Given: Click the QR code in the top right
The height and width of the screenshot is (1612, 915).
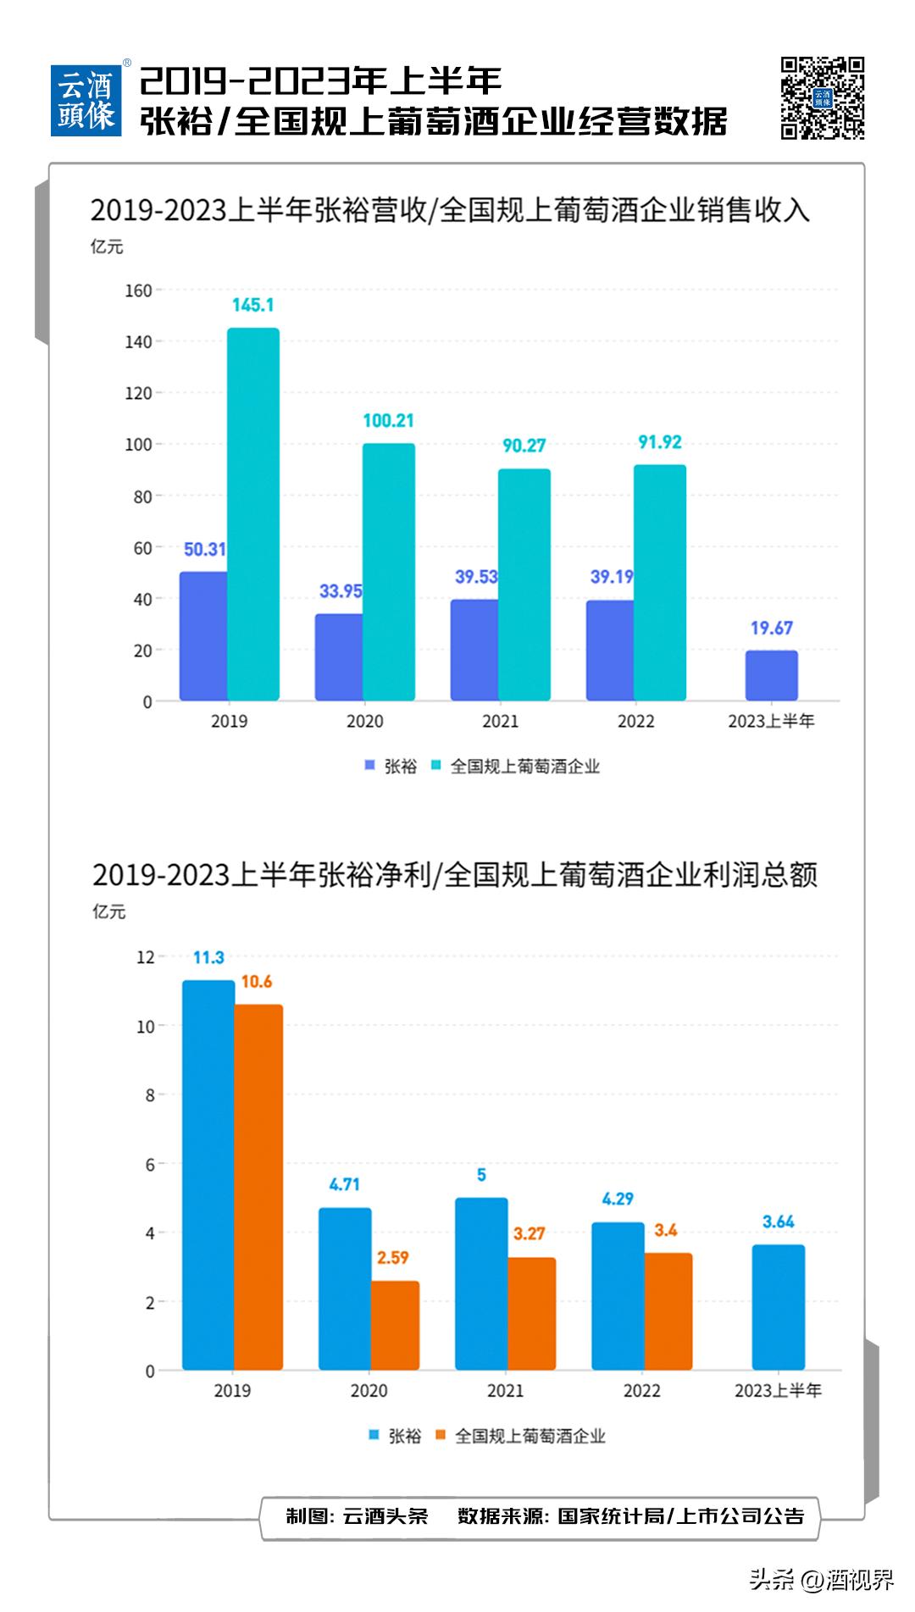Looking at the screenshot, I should point(822,97).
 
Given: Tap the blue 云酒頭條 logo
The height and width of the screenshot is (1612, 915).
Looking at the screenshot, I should point(86,100).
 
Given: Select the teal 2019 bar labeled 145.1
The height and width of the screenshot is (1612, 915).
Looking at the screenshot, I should point(252,514).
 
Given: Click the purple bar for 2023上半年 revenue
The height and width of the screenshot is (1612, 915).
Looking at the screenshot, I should point(771,675).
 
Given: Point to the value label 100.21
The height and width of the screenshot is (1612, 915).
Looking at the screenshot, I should point(388,421).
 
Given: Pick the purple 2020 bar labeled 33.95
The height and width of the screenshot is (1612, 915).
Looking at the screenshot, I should point(339,656).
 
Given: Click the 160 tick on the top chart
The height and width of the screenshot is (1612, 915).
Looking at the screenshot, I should point(138,291).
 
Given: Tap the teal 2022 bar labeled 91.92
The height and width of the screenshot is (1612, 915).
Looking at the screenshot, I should point(660,583).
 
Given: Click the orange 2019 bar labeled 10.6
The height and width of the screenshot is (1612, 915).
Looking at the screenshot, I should point(258,1187).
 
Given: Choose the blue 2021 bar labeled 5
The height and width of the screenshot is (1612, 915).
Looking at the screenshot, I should point(481,1283).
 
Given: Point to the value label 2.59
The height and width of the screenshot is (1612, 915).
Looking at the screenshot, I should point(393,1258).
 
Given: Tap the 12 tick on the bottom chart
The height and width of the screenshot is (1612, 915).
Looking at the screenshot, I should point(145,957).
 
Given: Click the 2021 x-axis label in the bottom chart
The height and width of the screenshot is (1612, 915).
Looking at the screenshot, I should point(505,1390).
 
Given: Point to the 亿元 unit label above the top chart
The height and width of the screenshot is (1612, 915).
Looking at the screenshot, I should point(107,247).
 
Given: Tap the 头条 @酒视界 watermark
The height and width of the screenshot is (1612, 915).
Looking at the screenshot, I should point(821,1579).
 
